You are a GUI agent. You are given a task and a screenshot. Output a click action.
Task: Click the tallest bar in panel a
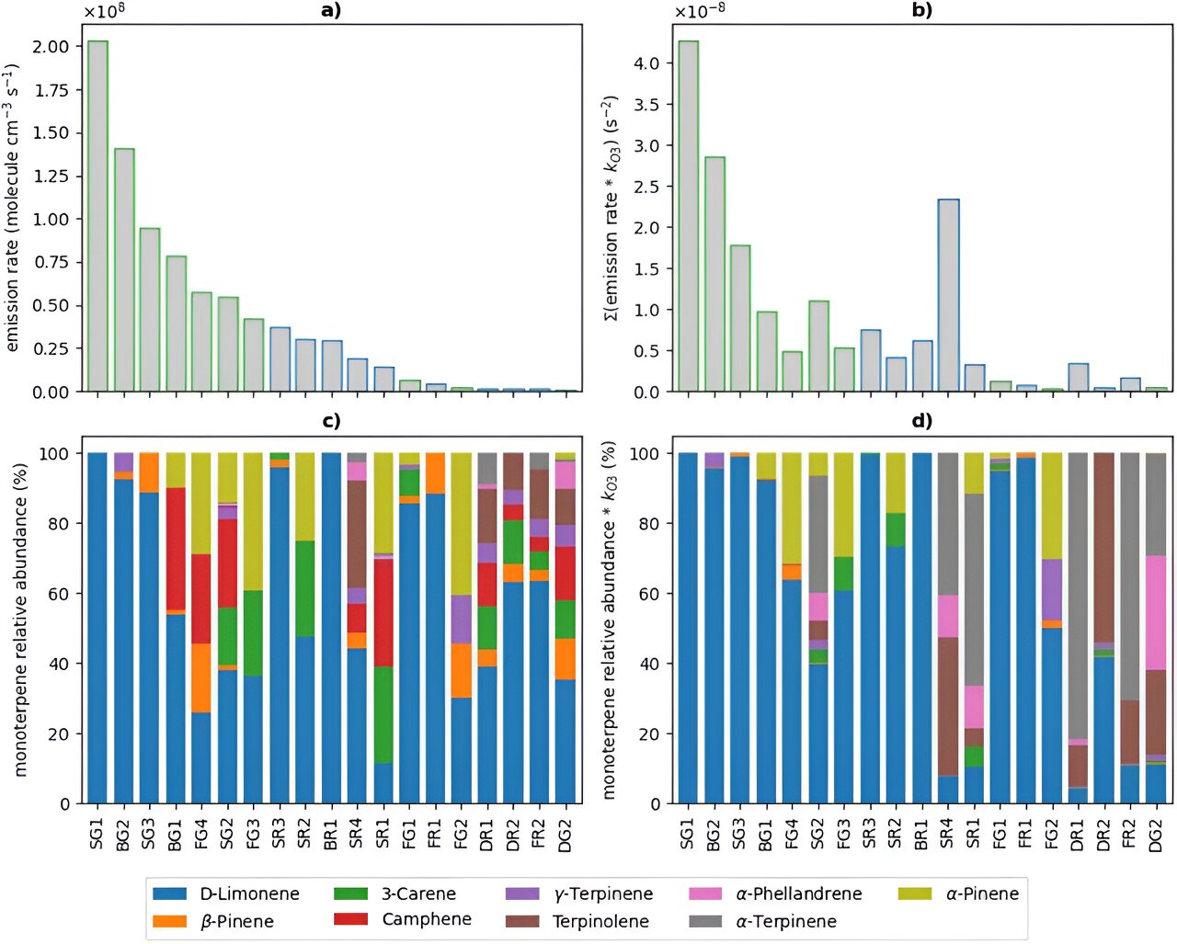click(97, 216)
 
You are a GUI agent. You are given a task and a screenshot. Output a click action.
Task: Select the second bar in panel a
click(124, 270)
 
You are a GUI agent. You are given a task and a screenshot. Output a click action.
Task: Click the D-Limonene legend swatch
click(169, 893)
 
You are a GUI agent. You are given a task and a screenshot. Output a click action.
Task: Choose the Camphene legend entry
click(426, 919)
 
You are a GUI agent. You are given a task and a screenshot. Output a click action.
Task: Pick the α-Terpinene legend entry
click(785, 921)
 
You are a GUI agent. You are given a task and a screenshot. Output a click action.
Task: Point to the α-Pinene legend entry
click(981, 893)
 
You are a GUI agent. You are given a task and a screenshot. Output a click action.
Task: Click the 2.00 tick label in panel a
click(51, 47)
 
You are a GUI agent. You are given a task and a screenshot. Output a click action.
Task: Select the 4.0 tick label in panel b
click(646, 63)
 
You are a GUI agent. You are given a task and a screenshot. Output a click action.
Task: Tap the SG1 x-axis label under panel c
click(97, 833)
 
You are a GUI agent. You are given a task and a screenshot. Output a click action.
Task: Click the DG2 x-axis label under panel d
click(1157, 833)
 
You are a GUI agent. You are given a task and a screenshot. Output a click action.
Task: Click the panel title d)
click(922, 421)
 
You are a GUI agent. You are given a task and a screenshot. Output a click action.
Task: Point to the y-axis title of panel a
click(13, 208)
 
